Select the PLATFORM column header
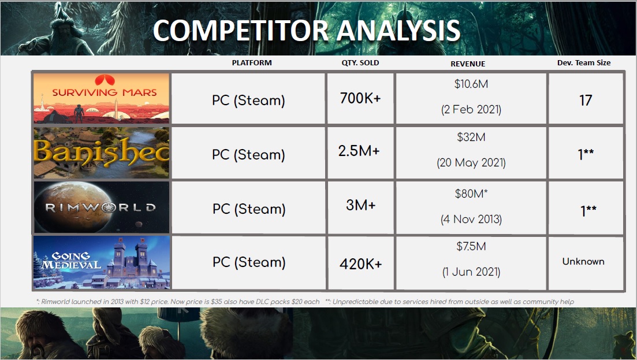point(252,62)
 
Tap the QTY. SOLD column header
point(360,63)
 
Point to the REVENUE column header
point(468,64)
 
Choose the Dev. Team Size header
point(584,62)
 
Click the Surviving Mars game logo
point(101,98)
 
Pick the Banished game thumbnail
point(101,153)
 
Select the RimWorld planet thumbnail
point(101,207)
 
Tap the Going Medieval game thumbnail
point(102,262)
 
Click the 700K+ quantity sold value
point(360,98)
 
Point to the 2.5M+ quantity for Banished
point(359,151)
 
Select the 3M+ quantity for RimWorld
point(361,205)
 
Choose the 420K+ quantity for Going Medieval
point(361,264)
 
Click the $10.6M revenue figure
point(471,84)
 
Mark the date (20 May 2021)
point(471,163)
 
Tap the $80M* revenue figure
point(471,194)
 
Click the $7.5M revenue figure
point(471,246)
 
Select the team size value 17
point(586,101)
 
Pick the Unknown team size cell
point(583,261)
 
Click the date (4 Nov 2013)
point(471,220)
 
